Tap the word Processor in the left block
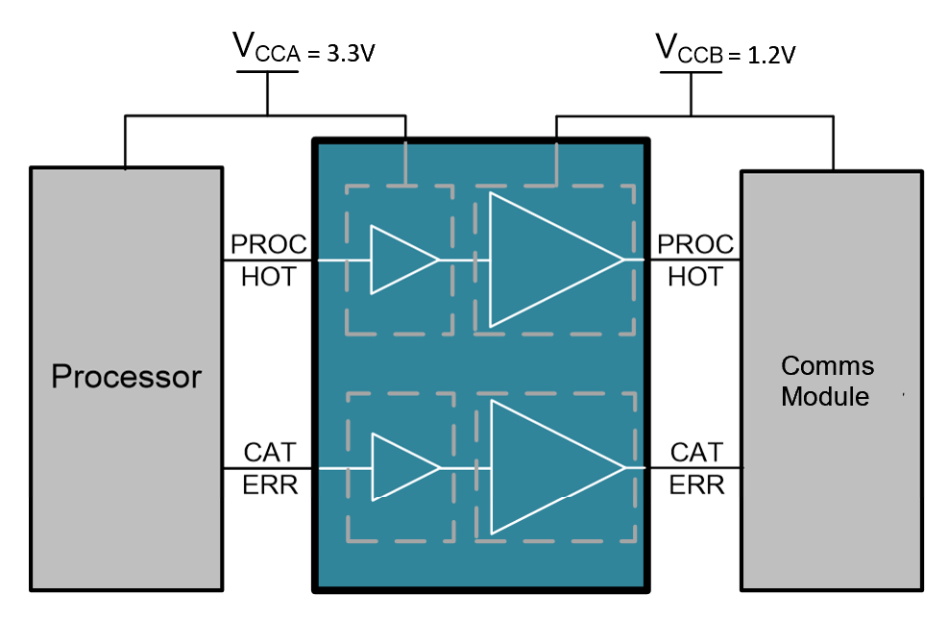pyautogui.click(x=126, y=376)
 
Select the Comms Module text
pyautogui.click(x=827, y=381)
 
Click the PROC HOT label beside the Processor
pyautogui.click(x=268, y=260)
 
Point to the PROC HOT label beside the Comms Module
pyautogui.click(x=694, y=260)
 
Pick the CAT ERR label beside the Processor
pyautogui.click(x=270, y=468)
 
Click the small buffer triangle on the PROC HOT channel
pyautogui.click(x=399, y=260)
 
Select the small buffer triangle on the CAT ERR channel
pyautogui.click(x=400, y=468)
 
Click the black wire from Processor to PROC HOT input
pyautogui.click(x=269, y=260)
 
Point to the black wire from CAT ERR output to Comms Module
pyautogui.click(x=695, y=468)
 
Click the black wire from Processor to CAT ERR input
pyautogui.click(x=269, y=468)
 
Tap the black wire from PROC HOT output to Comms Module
pyautogui.click(x=695, y=260)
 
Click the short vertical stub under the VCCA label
pyautogui.click(x=268, y=93)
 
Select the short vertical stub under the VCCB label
pyautogui.click(x=691, y=93)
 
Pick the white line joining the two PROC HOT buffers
pyautogui.click(x=458, y=260)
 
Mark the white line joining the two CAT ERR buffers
pyautogui.click(x=459, y=468)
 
